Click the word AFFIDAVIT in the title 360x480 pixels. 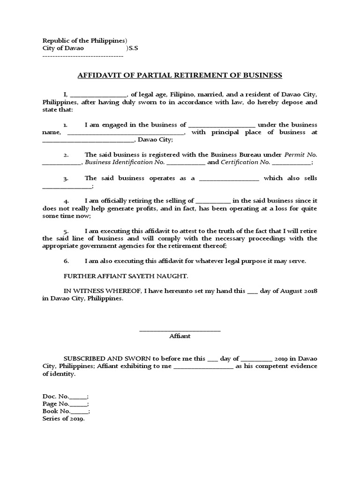tap(97, 75)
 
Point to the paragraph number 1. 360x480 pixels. tap(66, 125)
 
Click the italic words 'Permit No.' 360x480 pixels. tap(301, 155)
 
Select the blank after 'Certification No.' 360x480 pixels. tap(291, 163)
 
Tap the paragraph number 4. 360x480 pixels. tap(67, 201)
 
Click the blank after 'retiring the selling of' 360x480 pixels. tap(213, 201)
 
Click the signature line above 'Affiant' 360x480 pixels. tap(180, 331)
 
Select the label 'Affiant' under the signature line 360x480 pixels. tap(180, 336)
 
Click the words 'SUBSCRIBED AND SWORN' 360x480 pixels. tap(103, 359)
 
